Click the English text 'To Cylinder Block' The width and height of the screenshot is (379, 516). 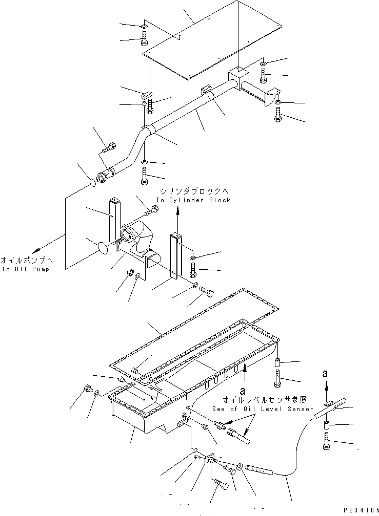point(193,200)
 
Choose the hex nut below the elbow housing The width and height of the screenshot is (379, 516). point(130,272)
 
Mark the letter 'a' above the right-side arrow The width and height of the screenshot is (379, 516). point(325,374)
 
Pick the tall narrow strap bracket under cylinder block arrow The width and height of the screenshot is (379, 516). point(175,256)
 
